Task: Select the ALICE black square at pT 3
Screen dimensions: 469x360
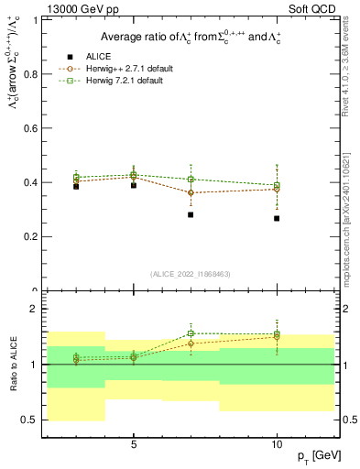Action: pyautogui.click(x=76, y=186)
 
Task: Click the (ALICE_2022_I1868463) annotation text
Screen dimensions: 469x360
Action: pyautogui.click(x=190, y=273)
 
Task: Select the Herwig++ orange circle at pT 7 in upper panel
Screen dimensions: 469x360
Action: pyautogui.click(x=191, y=192)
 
